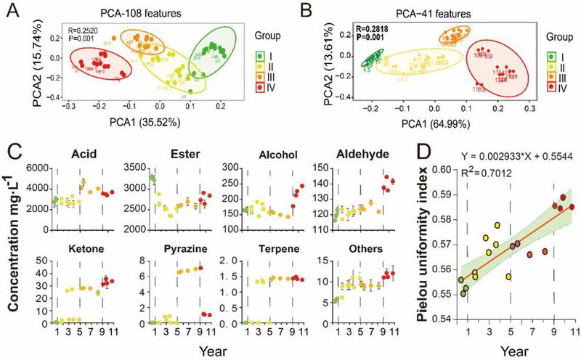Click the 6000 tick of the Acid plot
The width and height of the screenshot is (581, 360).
point(38,168)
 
